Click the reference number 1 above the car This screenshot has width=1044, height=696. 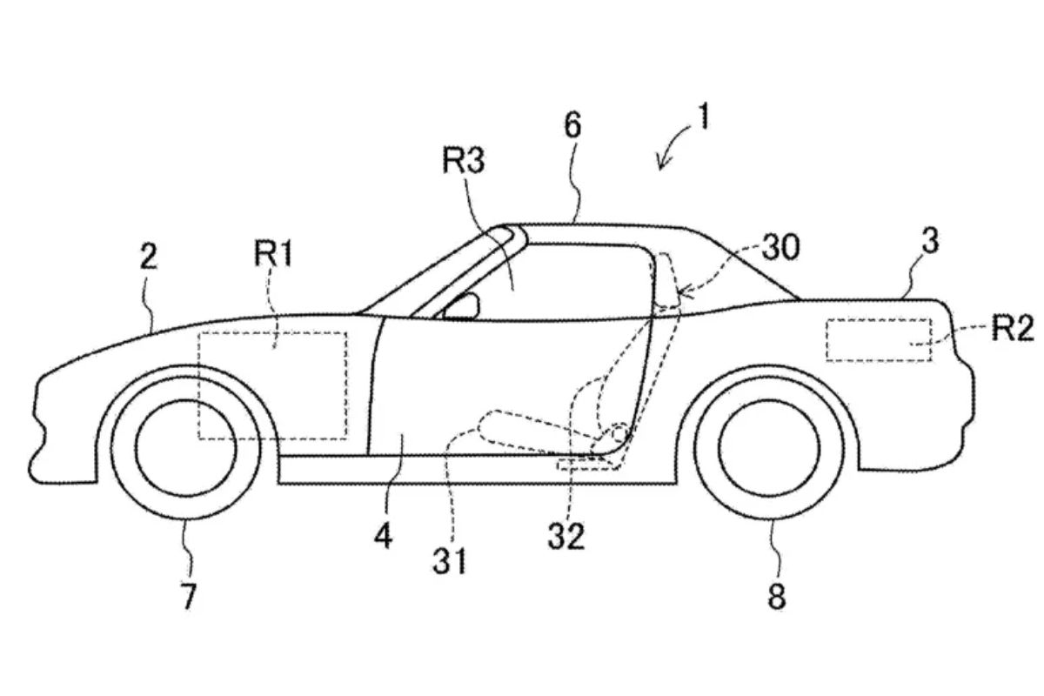click(702, 117)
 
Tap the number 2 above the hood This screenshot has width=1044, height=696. click(149, 258)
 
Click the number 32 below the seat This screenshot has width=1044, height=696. click(565, 538)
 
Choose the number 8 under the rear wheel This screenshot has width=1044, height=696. click(776, 596)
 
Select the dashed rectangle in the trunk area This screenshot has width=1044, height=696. click(879, 340)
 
